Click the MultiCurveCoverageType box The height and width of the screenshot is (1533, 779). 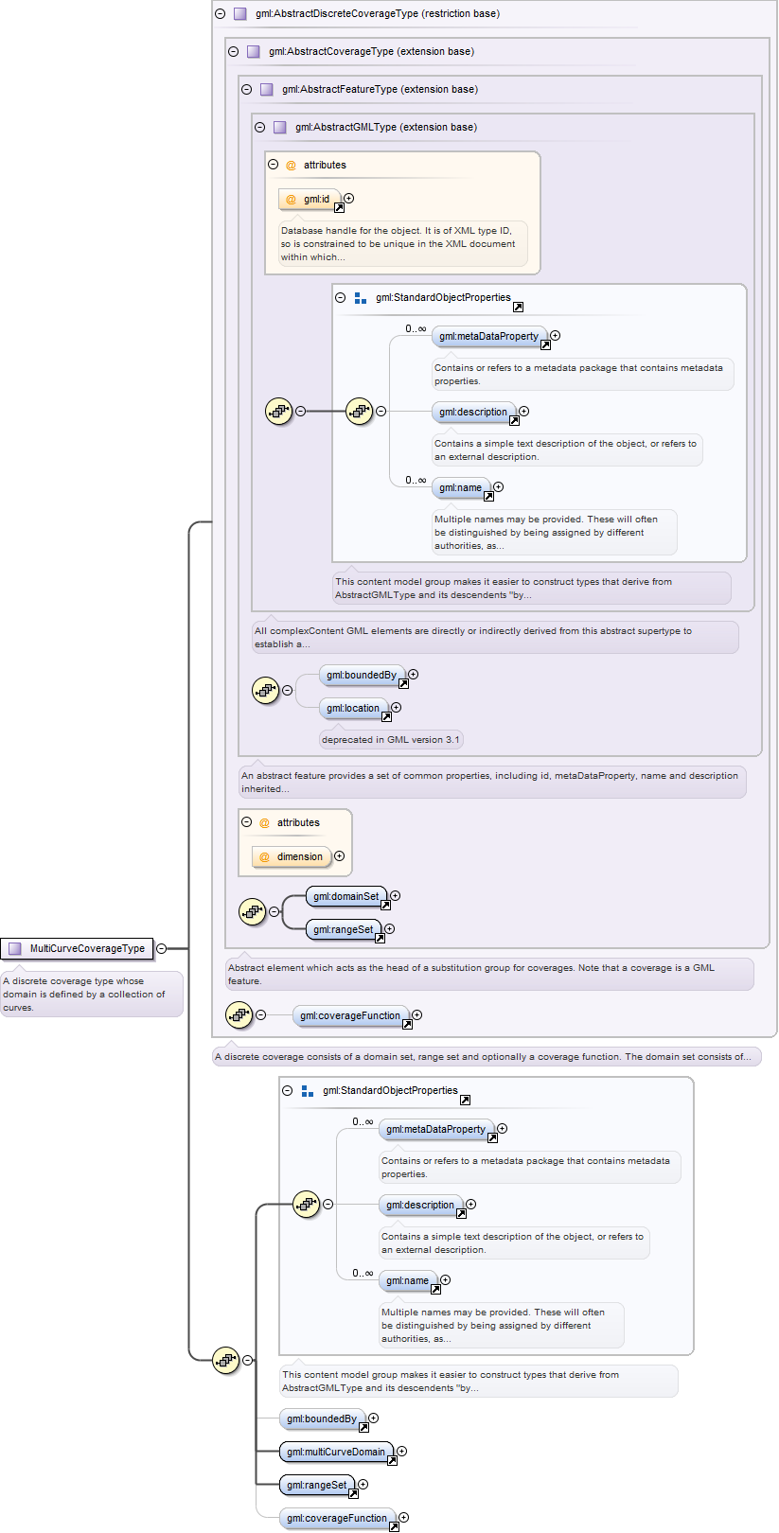click(x=77, y=948)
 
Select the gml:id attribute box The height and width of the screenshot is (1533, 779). click(x=310, y=199)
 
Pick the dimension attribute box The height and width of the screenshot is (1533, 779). click(x=292, y=856)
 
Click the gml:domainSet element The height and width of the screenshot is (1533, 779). click(x=346, y=896)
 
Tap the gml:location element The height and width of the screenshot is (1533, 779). click(x=354, y=709)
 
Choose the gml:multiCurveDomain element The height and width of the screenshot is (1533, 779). click(x=337, y=1453)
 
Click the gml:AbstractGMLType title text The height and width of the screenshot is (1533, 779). click(x=386, y=128)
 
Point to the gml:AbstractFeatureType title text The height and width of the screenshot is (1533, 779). click(x=380, y=90)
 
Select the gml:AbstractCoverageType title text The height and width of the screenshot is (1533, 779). click(x=371, y=52)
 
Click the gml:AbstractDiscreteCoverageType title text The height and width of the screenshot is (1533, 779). click(x=377, y=13)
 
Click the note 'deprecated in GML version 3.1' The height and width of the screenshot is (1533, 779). click(x=391, y=740)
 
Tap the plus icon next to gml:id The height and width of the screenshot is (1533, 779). click(x=349, y=199)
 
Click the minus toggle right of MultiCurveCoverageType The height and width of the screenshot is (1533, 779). click(x=162, y=948)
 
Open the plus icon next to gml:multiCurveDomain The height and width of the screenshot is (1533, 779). click(x=402, y=1451)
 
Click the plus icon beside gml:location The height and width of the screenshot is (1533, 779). click(x=397, y=708)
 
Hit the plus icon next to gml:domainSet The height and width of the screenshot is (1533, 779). click(x=395, y=896)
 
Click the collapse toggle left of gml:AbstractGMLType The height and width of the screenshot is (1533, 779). click(x=260, y=128)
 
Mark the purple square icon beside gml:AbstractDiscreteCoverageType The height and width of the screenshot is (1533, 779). click(x=240, y=13)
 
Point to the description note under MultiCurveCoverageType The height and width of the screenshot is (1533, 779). click(x=92, y=994)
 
